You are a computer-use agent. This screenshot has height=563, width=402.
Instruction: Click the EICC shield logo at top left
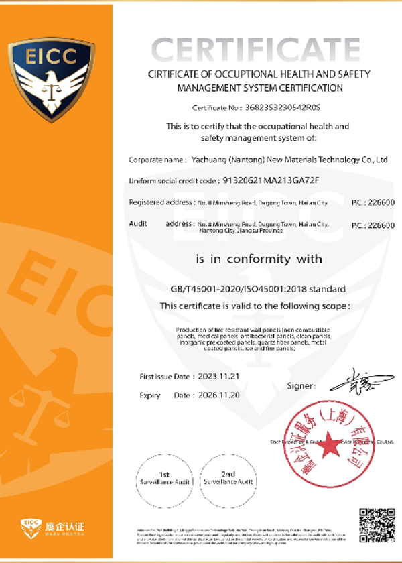tap(52, 78)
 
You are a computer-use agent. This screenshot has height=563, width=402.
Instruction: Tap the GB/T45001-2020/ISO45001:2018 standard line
tap(258, 289)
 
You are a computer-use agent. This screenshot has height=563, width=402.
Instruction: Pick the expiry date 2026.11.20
tap(206, 395)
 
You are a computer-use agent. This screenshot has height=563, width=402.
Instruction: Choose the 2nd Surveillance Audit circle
tap(228, 478)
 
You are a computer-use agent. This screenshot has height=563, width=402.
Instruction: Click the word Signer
tap(300, 386)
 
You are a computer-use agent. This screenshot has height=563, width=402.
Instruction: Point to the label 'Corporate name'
tap(156, 160)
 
